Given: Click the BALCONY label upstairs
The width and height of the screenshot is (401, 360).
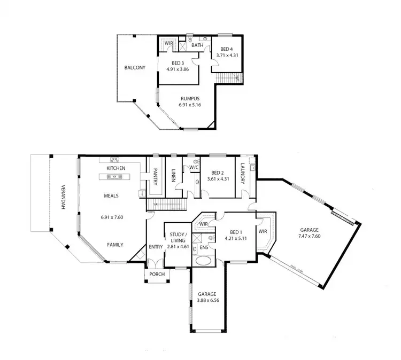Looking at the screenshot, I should coord(135,68).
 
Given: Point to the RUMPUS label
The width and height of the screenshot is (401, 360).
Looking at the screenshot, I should coord(190,98).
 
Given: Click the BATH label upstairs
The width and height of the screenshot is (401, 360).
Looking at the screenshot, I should coord(197,45).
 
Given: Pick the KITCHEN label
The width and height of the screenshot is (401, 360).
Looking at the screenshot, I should coord(115,168).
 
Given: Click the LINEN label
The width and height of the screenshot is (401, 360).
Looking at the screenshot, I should coord(174,176).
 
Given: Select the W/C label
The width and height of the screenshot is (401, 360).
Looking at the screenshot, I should coord(194,167).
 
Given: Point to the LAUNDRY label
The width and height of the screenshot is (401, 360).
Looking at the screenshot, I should coord(242,173).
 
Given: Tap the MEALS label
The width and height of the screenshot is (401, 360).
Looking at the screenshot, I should coord(111,195).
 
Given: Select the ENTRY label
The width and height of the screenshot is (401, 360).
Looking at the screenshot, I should coord(156,246).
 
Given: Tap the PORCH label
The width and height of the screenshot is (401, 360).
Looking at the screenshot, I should coord(157,275).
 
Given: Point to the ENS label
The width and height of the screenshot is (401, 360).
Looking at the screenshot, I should coord(204,248).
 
